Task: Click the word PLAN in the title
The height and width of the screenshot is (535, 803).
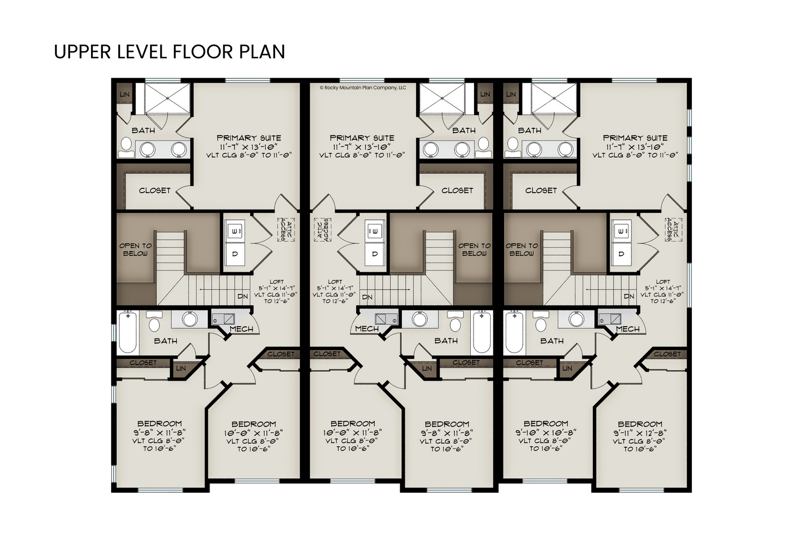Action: point(262,52)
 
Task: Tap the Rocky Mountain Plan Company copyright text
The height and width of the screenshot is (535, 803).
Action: point(363,87)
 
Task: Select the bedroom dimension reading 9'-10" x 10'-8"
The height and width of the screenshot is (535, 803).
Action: point(546,432)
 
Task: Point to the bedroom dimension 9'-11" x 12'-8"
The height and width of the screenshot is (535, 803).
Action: point(640,432)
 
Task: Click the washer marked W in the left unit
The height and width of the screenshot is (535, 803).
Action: point(235,231)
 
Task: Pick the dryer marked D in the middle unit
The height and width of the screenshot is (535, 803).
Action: point(375,254)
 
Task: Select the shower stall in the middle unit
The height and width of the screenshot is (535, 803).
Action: point(442,98)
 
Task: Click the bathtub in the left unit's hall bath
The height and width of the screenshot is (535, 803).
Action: point(128,332)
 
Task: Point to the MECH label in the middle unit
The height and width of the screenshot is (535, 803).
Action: point(367,328)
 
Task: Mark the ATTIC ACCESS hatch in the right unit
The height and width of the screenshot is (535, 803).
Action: point(673,229)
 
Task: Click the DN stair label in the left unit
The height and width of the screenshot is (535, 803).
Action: point(243,296)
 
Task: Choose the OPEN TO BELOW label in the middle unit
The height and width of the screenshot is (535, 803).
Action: point(474,249)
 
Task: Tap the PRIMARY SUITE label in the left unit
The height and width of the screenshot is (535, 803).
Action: point(249,138)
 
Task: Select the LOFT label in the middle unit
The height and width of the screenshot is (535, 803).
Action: point(335,282)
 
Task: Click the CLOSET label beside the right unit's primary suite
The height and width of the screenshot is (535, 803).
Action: point(541,191)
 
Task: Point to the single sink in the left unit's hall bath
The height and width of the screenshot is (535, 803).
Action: point(189,319)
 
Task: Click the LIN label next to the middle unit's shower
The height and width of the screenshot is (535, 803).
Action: point(485,94)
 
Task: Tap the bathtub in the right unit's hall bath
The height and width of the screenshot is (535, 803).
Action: point(515,332)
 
